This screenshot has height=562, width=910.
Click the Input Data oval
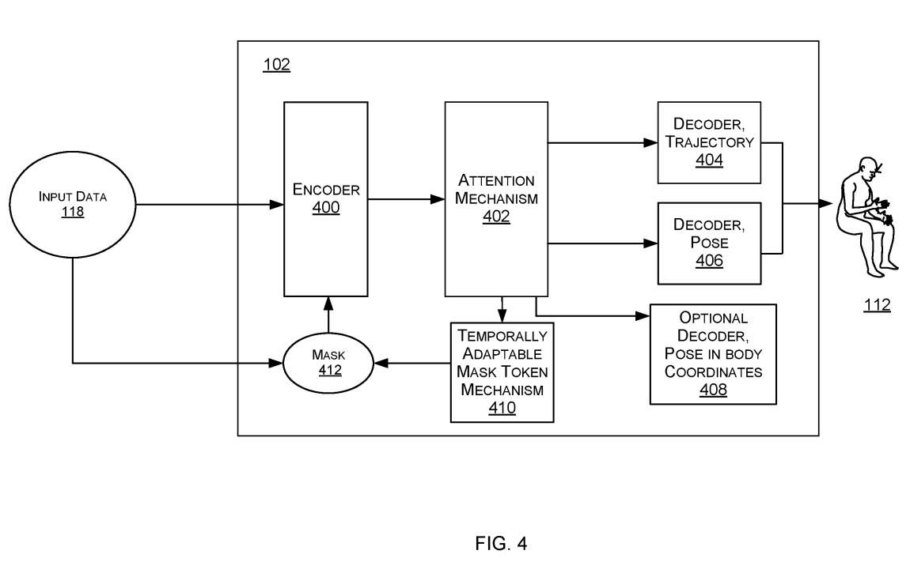coord(72,203)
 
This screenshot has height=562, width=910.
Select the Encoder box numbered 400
coord(325,199)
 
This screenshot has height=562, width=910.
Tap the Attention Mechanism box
coord(496,199)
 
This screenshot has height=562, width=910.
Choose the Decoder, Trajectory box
coord(709,142)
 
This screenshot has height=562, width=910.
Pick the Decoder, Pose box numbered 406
coord(709,243)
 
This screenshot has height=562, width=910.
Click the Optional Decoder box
coord(713,354)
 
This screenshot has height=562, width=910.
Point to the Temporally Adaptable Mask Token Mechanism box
coord(502,372)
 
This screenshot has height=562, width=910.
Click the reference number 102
coord(276,65)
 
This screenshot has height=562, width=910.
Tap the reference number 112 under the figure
coord(877,305)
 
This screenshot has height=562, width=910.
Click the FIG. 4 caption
coord(501,544)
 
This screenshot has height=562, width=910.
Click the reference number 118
coord(72,212)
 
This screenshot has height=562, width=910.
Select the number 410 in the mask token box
coord(502,408)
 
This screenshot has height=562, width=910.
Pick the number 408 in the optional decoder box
coord(713,389)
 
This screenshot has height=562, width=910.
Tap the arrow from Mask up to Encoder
coord(328,315)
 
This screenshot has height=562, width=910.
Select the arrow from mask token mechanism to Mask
coord(412,364)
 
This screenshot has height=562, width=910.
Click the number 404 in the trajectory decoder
coord(709,160)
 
